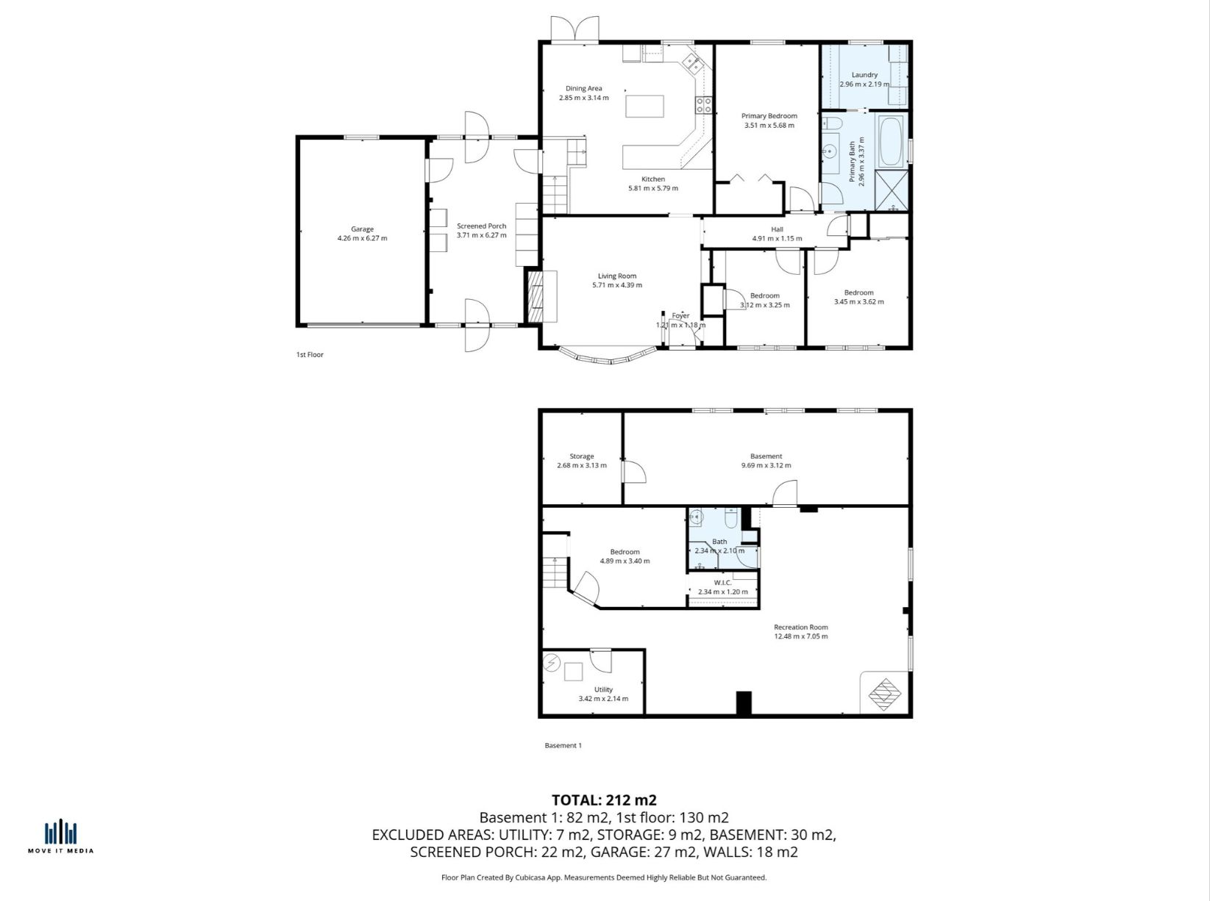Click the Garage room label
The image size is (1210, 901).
click(362, 229)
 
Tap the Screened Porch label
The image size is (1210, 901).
click(481, 226)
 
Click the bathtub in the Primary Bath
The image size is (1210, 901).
click(890, 141)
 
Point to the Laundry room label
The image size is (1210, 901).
click(864, 75)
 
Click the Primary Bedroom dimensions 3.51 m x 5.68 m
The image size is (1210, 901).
click(769, 126)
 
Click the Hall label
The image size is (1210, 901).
click(777, 229)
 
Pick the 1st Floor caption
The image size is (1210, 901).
click(310, 355)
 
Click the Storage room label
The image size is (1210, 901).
click(582, 456)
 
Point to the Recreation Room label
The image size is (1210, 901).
click(800, 627)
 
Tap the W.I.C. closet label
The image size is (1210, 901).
click(723, 583)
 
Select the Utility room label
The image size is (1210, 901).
click(603, 689)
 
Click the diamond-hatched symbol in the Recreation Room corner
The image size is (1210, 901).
click(884, 694)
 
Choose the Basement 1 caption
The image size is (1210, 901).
click(563, 746)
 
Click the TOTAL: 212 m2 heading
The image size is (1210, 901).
click(604, 800)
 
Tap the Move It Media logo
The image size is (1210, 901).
click(60, 836)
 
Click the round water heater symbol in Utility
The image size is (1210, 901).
click(551, 663)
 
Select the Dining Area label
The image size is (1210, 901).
click(583, 88)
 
